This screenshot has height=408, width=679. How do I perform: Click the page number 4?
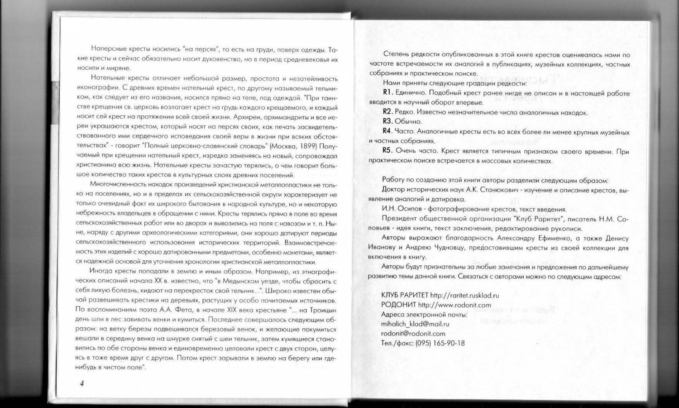click(x=82, y=384)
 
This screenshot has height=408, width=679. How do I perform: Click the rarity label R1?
click(x=387, y=93)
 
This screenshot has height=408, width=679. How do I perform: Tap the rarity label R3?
click(x=387, y=121)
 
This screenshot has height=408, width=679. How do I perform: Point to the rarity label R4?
click(x=387, y=131)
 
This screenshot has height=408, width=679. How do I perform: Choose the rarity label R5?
click(x=387, y=151)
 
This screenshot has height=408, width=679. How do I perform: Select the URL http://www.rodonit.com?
click(x=454, y=305)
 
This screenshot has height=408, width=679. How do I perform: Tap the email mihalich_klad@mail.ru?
click(x=415, y=324)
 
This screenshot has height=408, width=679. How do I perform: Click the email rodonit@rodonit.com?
click(x=413, y=334)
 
